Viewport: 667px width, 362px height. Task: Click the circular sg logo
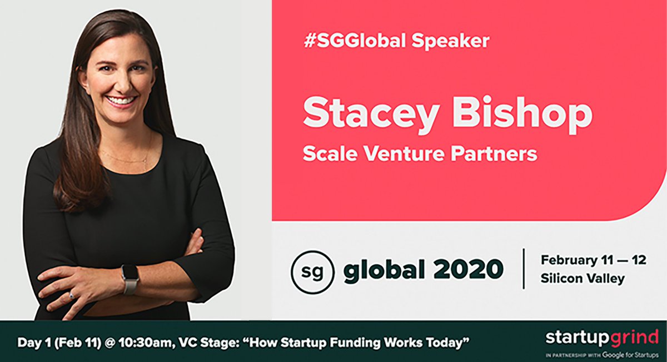pyautogui.click(x=313, y=271)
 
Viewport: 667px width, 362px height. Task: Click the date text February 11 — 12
pyautogui.click(x=593, y=260)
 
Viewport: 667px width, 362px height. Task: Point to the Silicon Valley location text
pyautogui.click(x=582, y=279)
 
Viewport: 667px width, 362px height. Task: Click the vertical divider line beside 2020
pyautogui.click(x=524, y=269)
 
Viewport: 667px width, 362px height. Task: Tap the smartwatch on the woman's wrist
pyautogui.click(x=130, y=277)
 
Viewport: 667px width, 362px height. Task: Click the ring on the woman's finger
pyautogui.click(x=71, y=296)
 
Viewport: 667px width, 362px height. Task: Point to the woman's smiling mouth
pyautogui.click(x=121, y=101)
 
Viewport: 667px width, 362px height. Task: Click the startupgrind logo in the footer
pyautogui.click(x=602, y=337)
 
